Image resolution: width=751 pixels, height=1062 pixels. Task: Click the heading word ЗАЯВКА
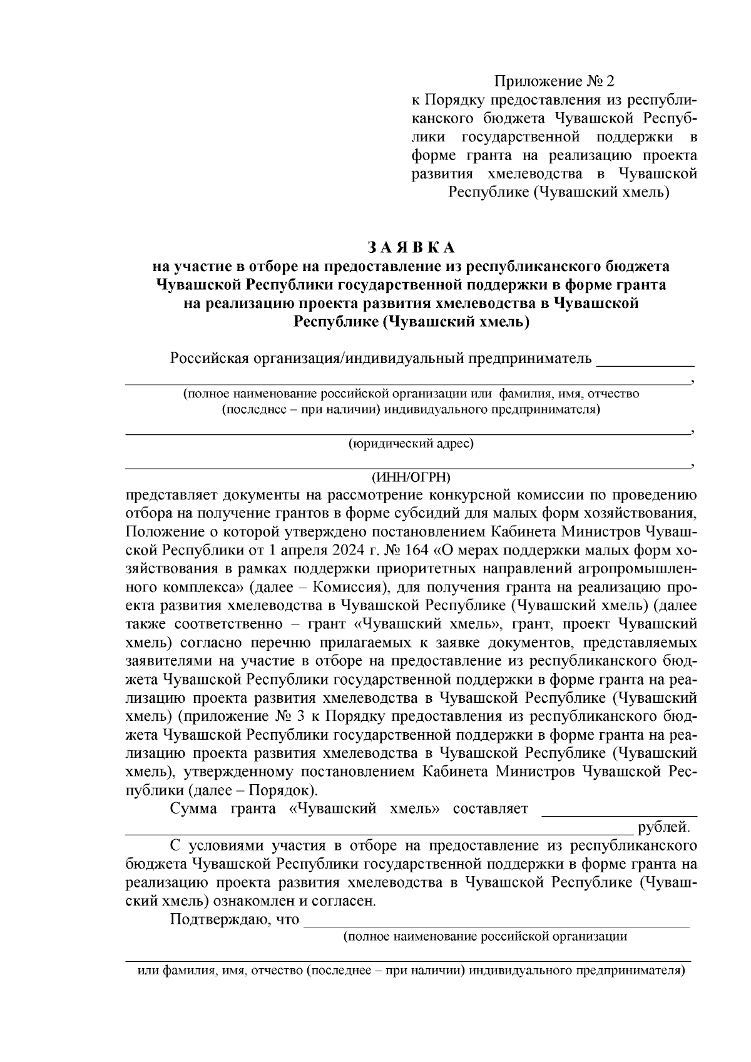click(x=411, y=246)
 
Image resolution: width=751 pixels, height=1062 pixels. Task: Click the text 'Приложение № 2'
click(x=554, y=81)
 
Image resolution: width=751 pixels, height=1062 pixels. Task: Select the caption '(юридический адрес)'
click(x=411, y=444)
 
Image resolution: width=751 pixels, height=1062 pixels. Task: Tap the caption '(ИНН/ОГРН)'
click(x=411, y=477)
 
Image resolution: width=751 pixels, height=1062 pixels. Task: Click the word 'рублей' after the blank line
click(x=663, y=828)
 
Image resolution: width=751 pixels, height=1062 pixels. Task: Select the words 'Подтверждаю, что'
click(x=234, y=920)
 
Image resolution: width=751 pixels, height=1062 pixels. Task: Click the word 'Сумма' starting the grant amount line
click(x=192, y=809)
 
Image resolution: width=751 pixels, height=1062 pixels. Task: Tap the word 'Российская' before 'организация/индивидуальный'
click(x=208, y=359)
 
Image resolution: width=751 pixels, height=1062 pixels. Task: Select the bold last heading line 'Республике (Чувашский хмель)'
click(x=411, y=323)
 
